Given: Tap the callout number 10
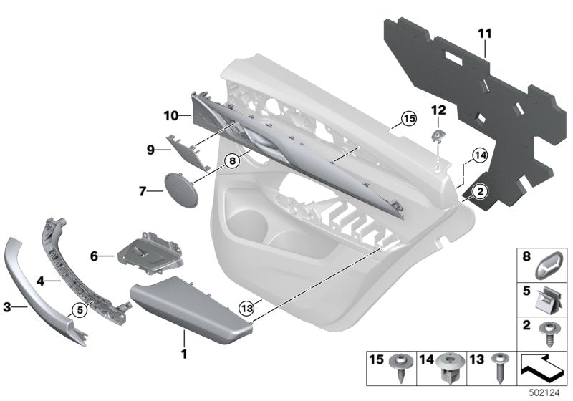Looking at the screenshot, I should click(170, 115).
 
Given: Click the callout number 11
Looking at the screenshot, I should click(485, 34).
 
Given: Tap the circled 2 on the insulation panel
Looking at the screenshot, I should click(478, 191).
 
